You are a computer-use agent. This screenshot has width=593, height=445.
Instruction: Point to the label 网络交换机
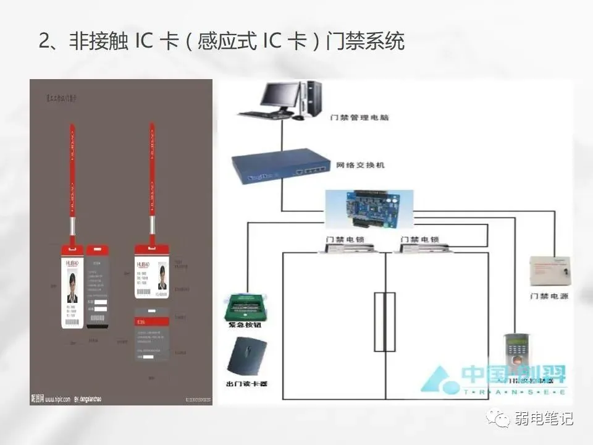[361, 166]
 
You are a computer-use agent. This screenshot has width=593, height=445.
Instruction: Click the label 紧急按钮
[247, 324]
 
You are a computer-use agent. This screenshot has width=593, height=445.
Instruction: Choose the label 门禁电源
[549, 297]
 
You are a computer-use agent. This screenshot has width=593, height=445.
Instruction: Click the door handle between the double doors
[384, 321]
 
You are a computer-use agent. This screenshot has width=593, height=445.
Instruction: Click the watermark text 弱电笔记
[544, 418]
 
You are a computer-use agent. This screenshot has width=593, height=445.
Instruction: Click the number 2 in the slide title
[44, 41]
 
